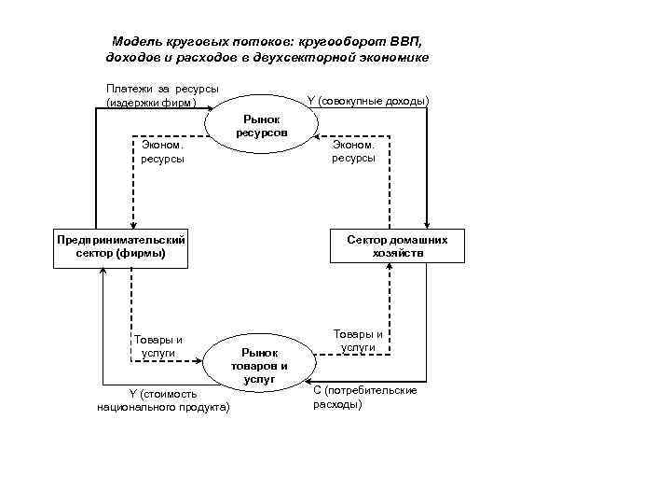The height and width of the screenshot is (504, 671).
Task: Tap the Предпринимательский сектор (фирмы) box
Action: [120, 246]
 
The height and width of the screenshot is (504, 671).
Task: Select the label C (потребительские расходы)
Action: [364, 397]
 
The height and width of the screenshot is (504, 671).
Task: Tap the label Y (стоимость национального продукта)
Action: [163, 400]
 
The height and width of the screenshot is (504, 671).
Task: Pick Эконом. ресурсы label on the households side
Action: [353, 151]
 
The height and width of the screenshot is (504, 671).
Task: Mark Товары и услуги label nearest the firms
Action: [158, 346]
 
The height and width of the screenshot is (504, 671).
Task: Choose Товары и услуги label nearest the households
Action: [358, 340]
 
